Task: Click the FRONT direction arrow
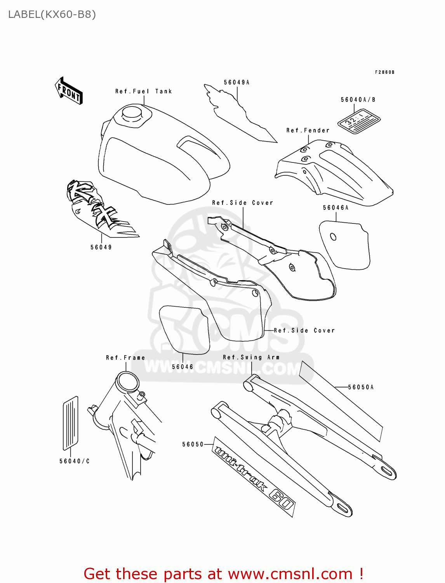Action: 69,91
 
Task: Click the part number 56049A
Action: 236,82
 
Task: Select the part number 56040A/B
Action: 358,100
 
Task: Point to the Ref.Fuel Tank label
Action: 143,91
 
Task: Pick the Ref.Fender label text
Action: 308,131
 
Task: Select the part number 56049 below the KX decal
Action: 101,247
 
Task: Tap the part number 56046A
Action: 335,208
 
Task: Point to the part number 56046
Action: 183,367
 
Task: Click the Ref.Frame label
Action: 125,358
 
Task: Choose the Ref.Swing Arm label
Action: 251,357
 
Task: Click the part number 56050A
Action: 361,387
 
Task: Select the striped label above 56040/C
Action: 70,422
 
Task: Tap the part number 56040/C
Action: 75,461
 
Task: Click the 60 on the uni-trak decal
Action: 281,499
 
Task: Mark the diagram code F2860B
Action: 384,72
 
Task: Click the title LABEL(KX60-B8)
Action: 52,14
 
